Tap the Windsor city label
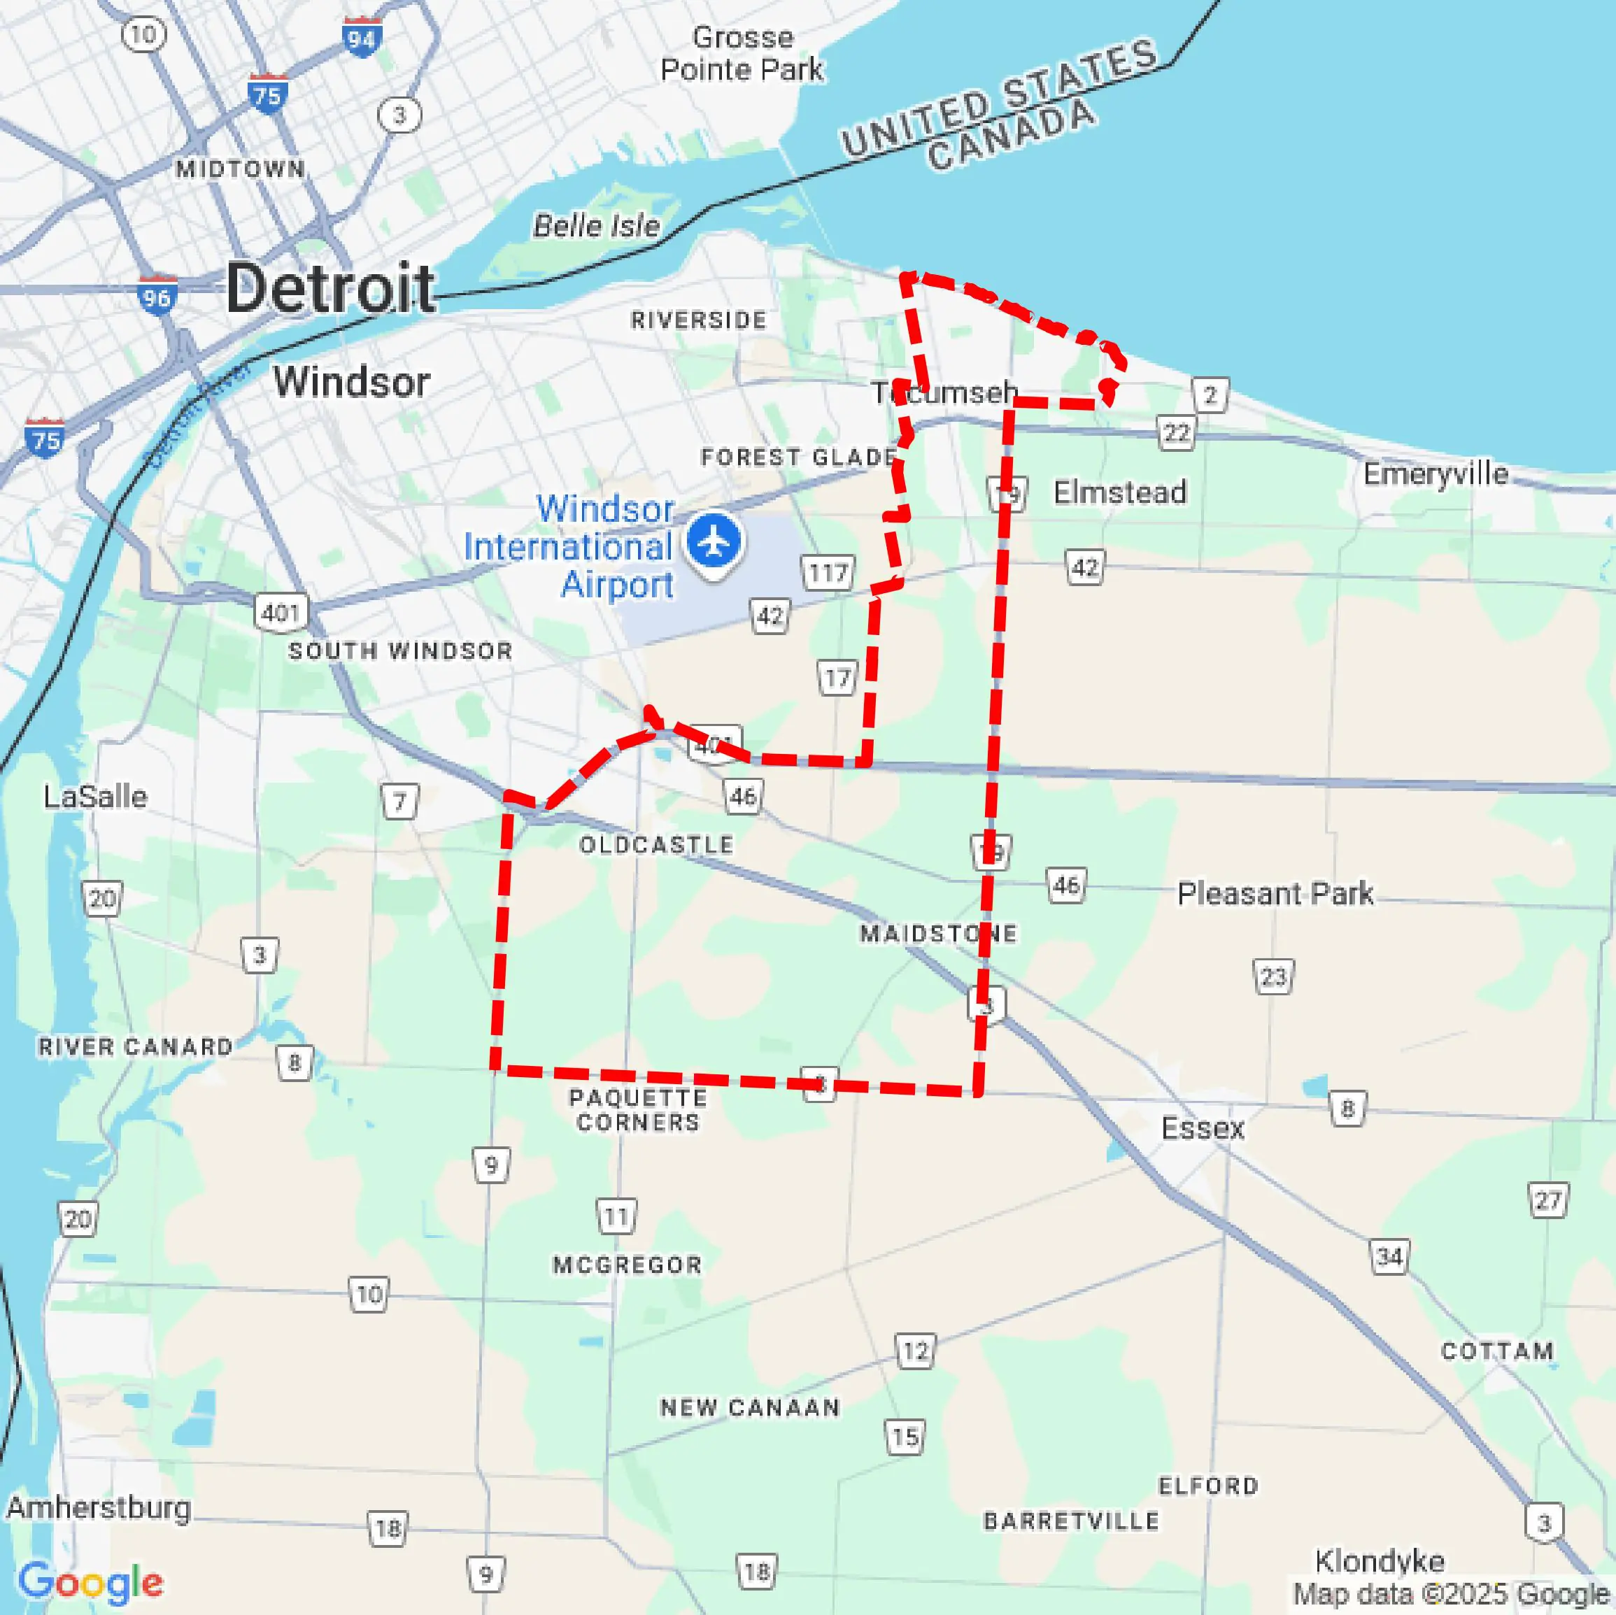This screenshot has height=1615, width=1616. point(351,382)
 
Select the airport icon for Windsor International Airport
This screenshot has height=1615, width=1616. point(714,541)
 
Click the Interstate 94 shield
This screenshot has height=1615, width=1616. point(362,38)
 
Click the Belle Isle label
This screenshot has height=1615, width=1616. point(596,225)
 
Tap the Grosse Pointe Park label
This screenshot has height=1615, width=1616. point(742,54)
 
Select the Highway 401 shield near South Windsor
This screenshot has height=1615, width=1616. point(281,612)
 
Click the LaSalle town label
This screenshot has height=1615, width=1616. point(95,796)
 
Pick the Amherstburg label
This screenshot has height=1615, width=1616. point(99,1507)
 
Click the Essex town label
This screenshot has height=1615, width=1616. point(1203,1128)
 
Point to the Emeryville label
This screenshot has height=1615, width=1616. point(1436,474)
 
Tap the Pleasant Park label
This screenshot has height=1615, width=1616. point(1275,893)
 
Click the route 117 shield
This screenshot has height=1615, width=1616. point(828,573)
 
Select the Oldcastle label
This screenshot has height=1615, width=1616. point(657,845)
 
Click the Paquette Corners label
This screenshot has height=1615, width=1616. point(638,1110)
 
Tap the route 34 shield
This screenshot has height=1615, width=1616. point(1389,1256)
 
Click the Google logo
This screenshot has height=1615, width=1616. point(90,1582)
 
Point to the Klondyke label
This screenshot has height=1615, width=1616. point(1380,1560)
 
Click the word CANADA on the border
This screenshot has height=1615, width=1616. point(1010,136)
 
